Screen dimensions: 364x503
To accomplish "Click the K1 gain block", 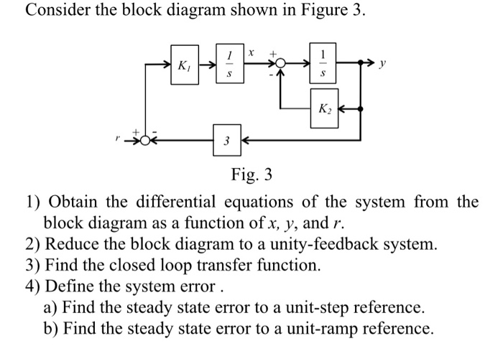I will pyautogui.click(x=184, y=65).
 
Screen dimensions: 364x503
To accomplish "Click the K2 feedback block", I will pyautogui.click(x=325, y=109).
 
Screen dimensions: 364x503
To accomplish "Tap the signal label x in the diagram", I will pyautogui.click(x=251, y=52).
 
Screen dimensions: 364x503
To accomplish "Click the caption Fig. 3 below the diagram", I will pyautogui.click(x=251, y=174).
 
